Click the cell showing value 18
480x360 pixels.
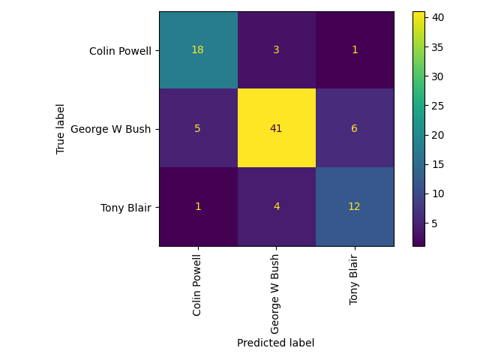coord(198,51)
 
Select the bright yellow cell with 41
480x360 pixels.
coord(276,128)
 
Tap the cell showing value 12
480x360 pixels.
coord(354,206)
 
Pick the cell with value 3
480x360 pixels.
coord(276,51)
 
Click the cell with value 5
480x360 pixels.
coord(198,128)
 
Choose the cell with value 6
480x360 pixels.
coord(354,128)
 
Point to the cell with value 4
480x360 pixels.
coord(276,206)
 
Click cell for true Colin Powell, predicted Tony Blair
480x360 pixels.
coord(354,51)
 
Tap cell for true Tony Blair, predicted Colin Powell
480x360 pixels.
coord(198,206)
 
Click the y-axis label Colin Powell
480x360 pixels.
coord(120,51)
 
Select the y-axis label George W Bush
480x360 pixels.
coord(111,129)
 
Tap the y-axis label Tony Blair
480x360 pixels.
coord(125,207)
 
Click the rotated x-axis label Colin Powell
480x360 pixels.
coord(197,284)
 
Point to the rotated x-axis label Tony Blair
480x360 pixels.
coord(354,278)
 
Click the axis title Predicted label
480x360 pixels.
coord(275,343)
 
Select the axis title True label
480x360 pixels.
coord(61,129)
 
